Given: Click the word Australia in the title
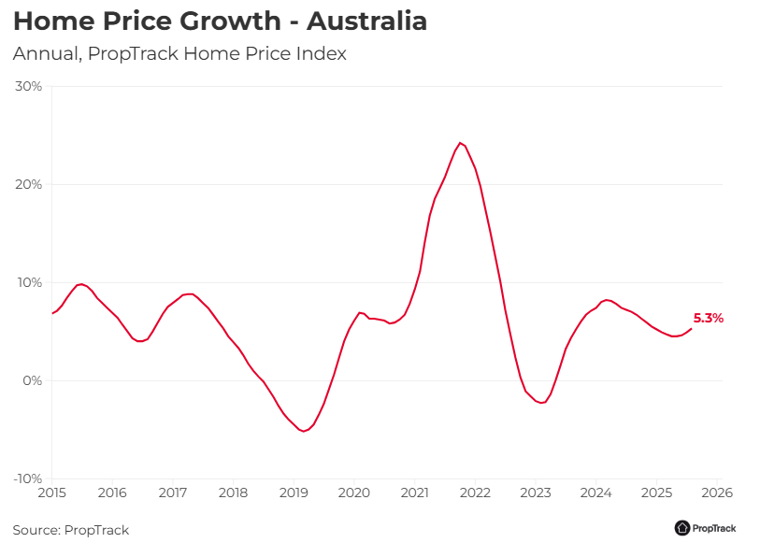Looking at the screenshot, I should (366, 21).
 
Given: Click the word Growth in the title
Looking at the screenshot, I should (240, 21).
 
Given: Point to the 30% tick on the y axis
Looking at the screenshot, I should (29, 87).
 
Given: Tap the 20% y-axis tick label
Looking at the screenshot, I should (29, 185).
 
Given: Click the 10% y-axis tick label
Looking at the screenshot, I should (29, 283).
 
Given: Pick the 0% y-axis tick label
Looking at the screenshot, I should (33, 381).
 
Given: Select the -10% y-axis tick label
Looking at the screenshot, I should (27, 479).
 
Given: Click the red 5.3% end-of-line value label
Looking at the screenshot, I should (709, 319).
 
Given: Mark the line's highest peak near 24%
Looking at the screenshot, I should (460, 143).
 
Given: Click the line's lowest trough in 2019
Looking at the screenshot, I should (303, 431).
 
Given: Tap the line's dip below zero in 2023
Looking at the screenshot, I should (540, 403).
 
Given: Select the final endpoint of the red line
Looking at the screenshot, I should (692, 328).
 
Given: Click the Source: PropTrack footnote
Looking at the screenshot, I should (71, 531).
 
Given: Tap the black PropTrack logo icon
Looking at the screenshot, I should (682, 528).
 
